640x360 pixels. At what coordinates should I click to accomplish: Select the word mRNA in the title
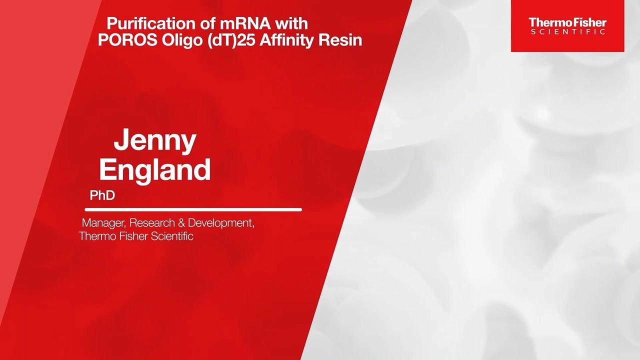tap(245, 23)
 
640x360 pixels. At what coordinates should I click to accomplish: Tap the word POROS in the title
tap(127, 40)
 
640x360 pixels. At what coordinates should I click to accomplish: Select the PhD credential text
tap(102, 195)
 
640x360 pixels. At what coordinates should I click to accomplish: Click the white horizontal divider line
tap(193, 209)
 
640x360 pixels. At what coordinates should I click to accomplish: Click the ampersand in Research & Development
tap(181, 223)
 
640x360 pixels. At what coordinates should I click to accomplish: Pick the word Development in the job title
tap(221, 223)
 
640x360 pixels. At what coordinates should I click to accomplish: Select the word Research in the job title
tap(152, 223)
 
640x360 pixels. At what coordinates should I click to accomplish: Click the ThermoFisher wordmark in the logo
tap(567, 22)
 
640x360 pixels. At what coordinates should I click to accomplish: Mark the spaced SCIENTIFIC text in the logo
tap(567, 31)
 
